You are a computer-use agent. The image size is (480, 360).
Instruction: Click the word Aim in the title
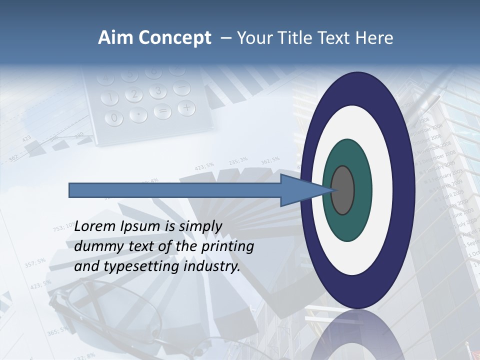coord(114,38)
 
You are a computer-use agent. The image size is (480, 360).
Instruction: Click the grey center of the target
coord(343,190)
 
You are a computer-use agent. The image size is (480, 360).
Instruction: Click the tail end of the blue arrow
coord(70,190)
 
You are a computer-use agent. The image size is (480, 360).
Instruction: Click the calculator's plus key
coord(186,107)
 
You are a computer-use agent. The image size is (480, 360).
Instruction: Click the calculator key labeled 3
coord(158,91)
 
